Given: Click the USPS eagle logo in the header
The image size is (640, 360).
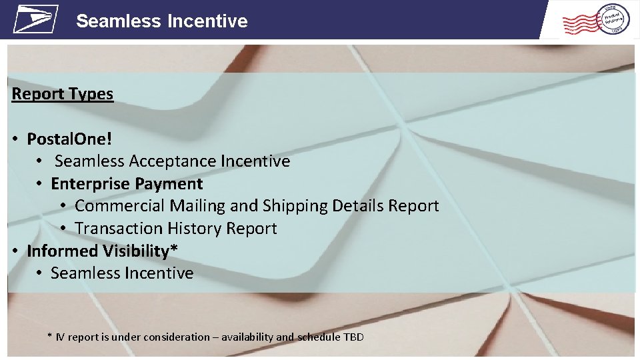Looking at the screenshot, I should pyautogui.click(x=35, y=19).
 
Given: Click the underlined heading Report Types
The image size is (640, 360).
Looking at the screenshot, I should pyautogui.click(x=63, y=94).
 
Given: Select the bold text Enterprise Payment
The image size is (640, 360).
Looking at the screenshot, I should pyautogui.click(x=127, y=183).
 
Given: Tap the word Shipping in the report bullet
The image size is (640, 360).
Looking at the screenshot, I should pyautogui.click(x=293, y=206).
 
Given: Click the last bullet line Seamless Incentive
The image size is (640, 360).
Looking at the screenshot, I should pyautogui.click(x=122, y=273).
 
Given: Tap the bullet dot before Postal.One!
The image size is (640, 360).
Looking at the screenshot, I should pyautogui.click(x=15, y=139).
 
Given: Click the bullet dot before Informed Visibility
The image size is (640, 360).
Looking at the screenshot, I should pyautogui.click(x=15, y=251).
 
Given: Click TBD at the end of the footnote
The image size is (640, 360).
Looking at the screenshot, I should pyautogui.click(x=353, y=337).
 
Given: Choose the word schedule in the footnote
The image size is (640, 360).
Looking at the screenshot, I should pyautogui.click(x=318, y=337).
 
